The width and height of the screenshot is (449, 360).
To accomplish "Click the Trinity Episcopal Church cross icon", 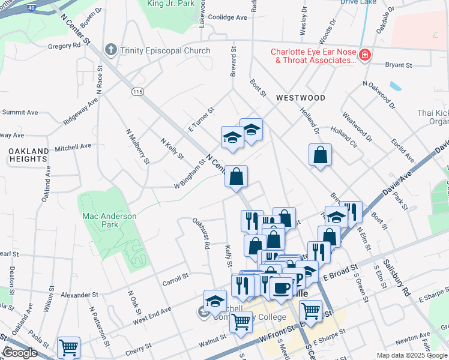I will click(110, 50).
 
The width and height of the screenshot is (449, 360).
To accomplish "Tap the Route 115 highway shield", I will click(138, 91).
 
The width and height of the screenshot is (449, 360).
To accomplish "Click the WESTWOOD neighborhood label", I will click(301, 98).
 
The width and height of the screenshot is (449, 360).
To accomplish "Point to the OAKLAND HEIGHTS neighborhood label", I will click(28, 155).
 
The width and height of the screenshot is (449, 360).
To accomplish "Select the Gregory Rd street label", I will click(64, 46).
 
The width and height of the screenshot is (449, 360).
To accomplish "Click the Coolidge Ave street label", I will click(228, 17).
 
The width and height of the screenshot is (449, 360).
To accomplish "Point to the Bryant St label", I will click(399, 65).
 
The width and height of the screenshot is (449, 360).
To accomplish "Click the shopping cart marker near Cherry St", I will click(68, 347).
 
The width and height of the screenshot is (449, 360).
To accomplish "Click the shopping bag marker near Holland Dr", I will click(321, 155).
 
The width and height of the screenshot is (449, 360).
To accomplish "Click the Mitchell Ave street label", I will click(73, 146).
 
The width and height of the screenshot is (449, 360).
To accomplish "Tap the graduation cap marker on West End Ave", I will click(214, 301).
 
